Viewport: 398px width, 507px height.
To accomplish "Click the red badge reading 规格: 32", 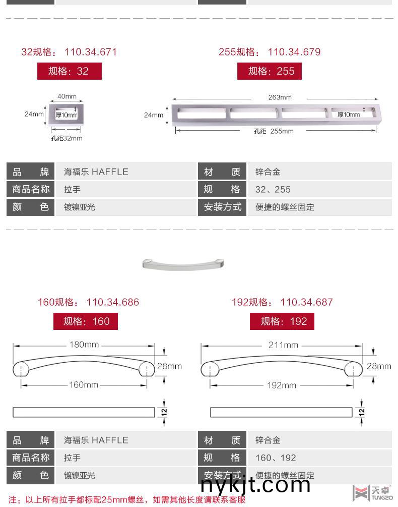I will coord(69,71).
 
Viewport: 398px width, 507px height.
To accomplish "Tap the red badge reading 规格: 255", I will coord(270,71).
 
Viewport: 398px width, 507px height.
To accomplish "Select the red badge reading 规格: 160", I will coord(86,321).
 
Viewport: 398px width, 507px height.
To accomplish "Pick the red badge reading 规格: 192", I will coord(282,321).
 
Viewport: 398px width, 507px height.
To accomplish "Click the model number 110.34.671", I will coord(91,52).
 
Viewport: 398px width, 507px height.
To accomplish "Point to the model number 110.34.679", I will coord(294,52).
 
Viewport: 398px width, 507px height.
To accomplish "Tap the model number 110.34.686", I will coord(113,302).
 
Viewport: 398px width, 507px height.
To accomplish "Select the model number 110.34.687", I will coord(307,302).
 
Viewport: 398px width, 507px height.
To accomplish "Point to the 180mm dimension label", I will coord(84,345).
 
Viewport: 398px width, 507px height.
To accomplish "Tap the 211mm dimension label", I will coord(283,345).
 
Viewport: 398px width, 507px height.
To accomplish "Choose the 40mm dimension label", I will coord(67,96).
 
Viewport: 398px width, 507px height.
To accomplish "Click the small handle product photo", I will coord(183,263).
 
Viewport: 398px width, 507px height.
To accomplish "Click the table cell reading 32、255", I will coord(273,190).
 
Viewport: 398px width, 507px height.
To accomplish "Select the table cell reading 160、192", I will coord(276,458).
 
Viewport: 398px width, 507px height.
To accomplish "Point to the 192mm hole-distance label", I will coord(282,385).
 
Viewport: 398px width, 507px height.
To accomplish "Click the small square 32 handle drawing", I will coord(67,114).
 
